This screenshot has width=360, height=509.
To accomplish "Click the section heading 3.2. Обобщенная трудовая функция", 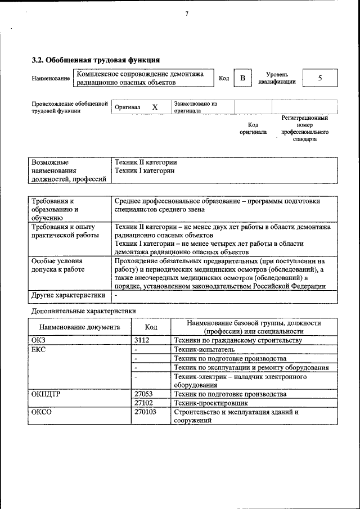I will [96, 60].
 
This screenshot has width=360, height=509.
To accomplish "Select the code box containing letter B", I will [242, 78].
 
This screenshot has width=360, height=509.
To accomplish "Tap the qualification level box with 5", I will [319, 78].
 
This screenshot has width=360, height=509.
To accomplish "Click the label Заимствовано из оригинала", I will [195, 107].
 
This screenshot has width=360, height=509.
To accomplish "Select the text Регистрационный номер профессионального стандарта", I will [304, 128].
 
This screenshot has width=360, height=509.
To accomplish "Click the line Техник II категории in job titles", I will [145, 162].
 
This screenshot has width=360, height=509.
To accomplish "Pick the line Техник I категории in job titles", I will [144, 170].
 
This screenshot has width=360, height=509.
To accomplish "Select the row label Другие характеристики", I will [68, 295].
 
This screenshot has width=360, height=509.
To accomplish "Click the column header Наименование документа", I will [79, 327].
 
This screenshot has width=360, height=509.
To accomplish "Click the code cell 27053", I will [144, 394].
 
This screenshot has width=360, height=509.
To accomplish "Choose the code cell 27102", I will [144, 403].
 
